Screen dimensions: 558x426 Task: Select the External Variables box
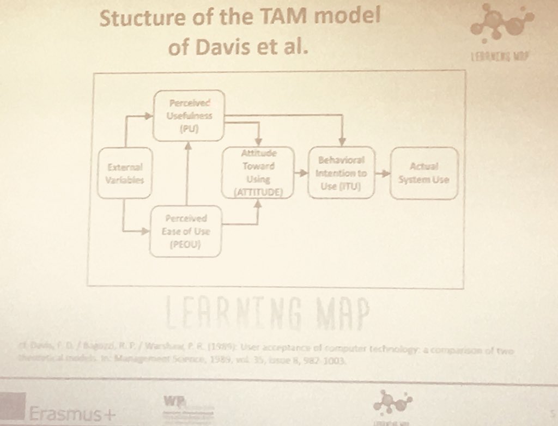[124, 173]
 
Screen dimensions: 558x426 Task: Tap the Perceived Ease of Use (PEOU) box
[185, 231]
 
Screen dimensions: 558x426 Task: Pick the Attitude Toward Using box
[258, 173]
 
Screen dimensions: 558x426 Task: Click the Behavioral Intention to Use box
[341, 173]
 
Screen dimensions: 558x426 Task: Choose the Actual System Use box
[424, 173]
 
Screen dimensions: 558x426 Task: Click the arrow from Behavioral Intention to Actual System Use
[383, 173]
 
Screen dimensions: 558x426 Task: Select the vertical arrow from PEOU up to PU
[187, 172]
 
